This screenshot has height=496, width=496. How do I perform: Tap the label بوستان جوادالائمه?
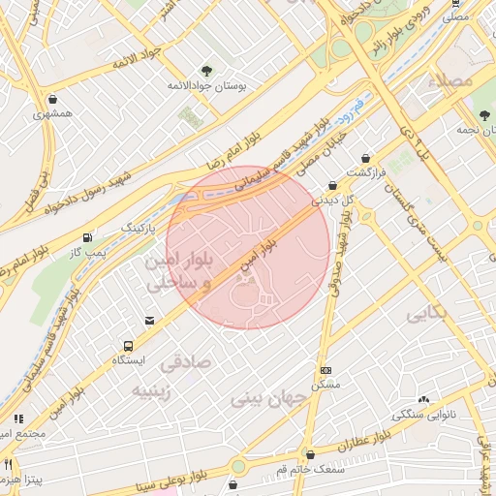click(207, 86)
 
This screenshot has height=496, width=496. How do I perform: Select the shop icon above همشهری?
click(51, 99)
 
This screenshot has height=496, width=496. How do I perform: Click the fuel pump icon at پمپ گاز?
click(88, 236)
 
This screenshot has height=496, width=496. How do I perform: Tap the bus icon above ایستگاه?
click(128, 345)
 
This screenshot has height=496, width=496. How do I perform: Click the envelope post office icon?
click(149, 321)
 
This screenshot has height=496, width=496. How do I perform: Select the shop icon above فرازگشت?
click(365, 158)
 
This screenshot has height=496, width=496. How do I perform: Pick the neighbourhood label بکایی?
click(426, 315)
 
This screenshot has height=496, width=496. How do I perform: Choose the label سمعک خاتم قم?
click(309, 469)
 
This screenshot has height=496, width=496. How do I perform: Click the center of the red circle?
click(248, 248)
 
